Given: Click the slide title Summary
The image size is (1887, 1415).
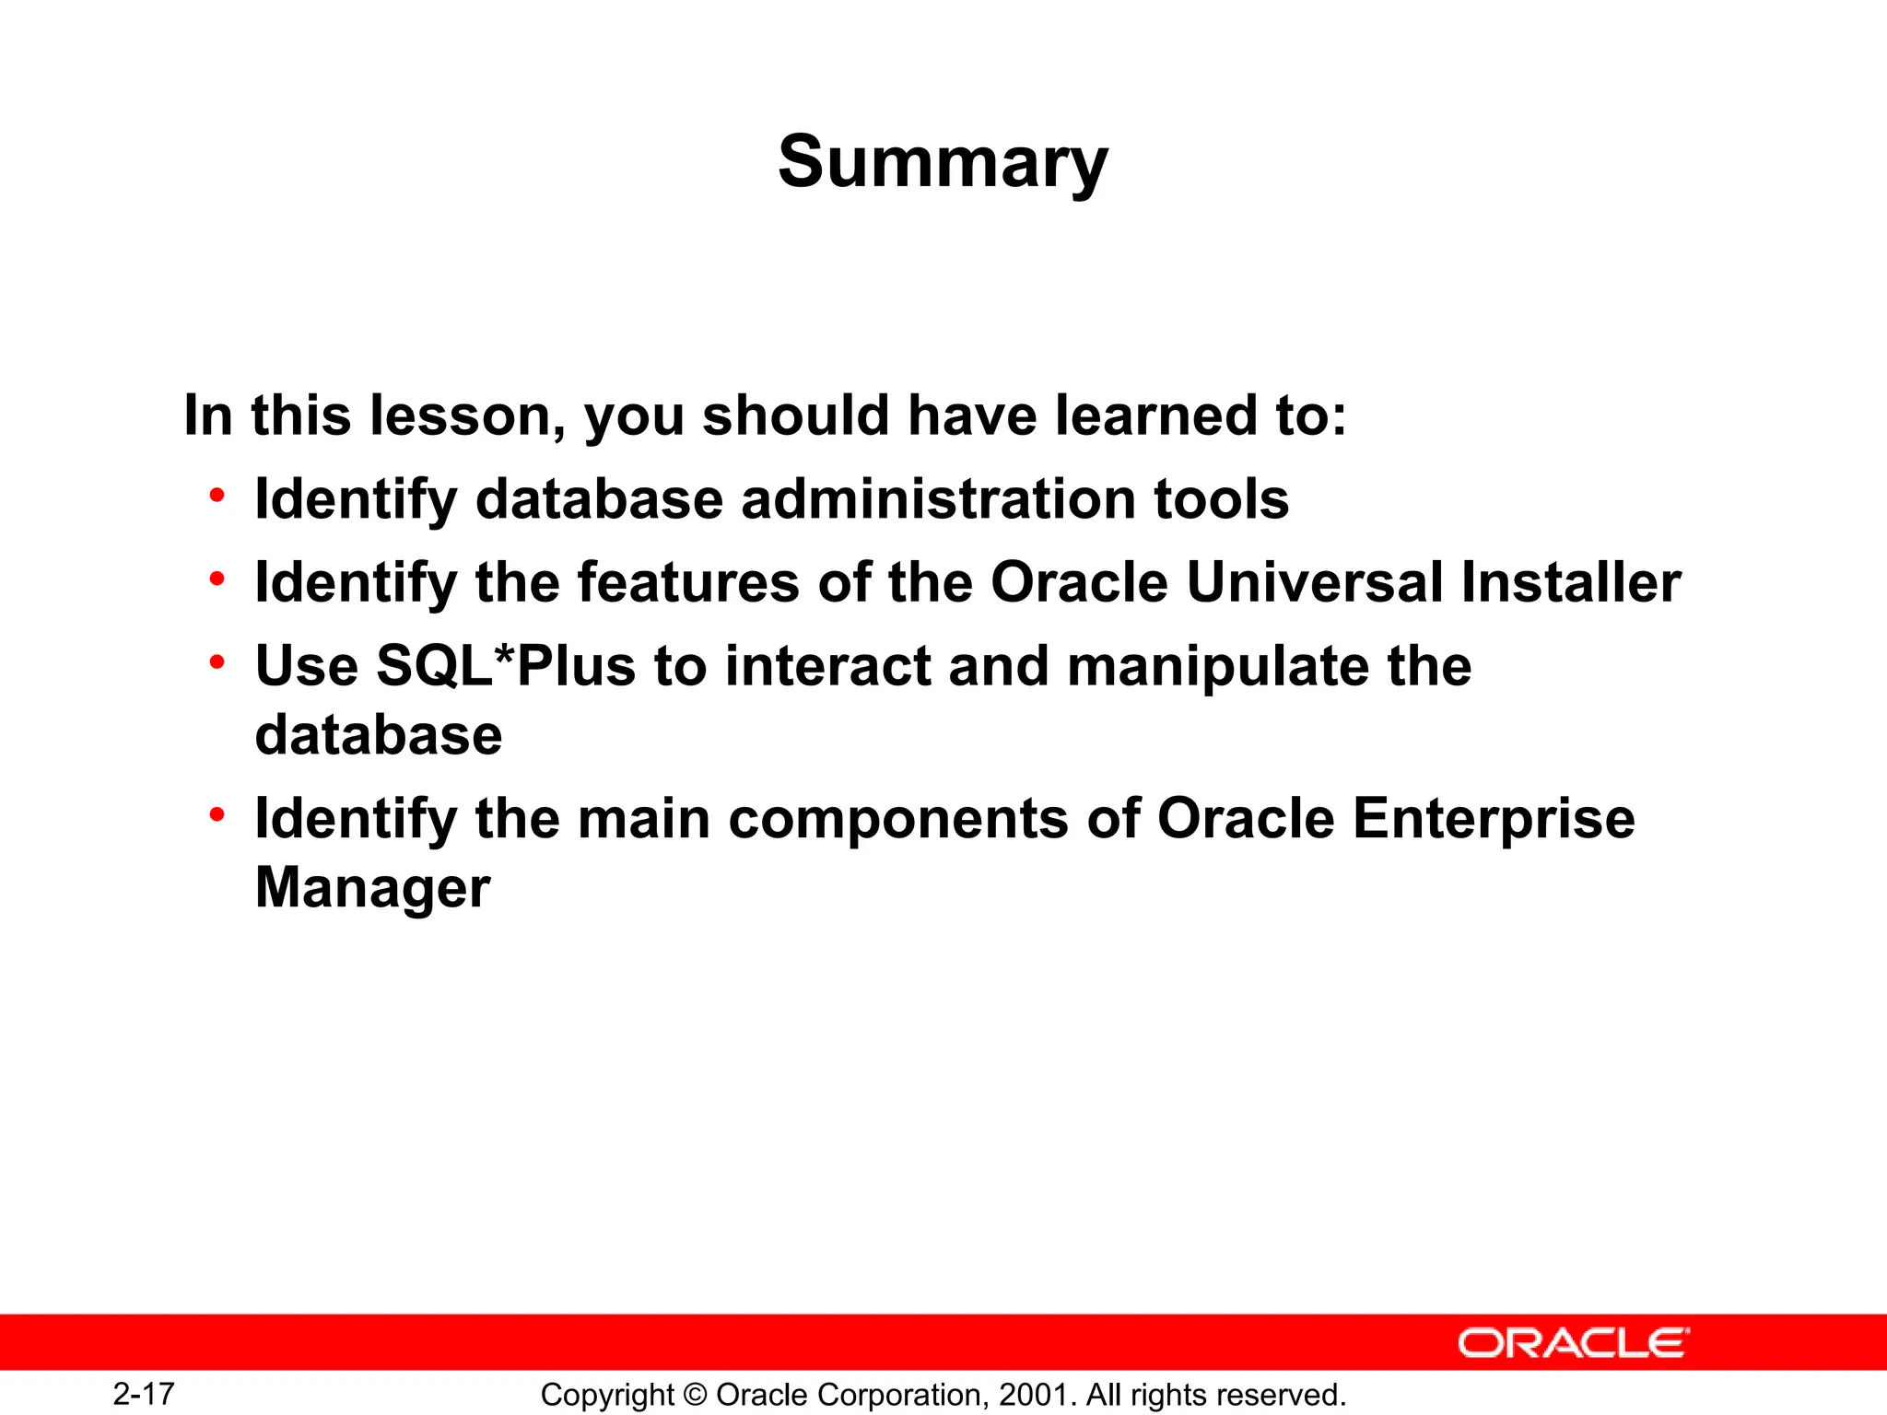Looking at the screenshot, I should [943, 162].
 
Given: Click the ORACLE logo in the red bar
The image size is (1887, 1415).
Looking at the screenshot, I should [1574, 1343].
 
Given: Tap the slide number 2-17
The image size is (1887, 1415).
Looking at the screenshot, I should [144, 1394].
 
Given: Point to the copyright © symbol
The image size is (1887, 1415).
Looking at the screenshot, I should [696, 1395].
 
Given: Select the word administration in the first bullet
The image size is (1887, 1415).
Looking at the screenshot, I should [938, 499].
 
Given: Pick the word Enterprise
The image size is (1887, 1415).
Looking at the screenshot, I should [1494, 819].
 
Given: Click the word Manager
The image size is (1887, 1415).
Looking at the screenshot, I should [372, 889].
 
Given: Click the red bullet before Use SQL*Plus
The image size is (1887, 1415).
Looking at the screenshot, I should [217, 662].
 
